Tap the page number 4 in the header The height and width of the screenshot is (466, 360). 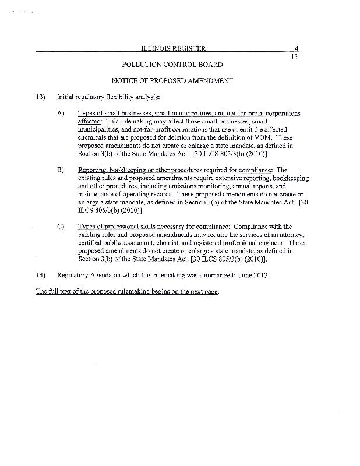coord(297,48)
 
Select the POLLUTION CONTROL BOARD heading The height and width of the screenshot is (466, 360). coord(172,63)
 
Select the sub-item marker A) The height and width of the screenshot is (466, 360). coord(60,112)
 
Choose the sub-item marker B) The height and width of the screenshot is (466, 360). coord(60,170)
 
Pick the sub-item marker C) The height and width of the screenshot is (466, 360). coord(60,227)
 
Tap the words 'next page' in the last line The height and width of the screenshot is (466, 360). coord(203,291)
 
